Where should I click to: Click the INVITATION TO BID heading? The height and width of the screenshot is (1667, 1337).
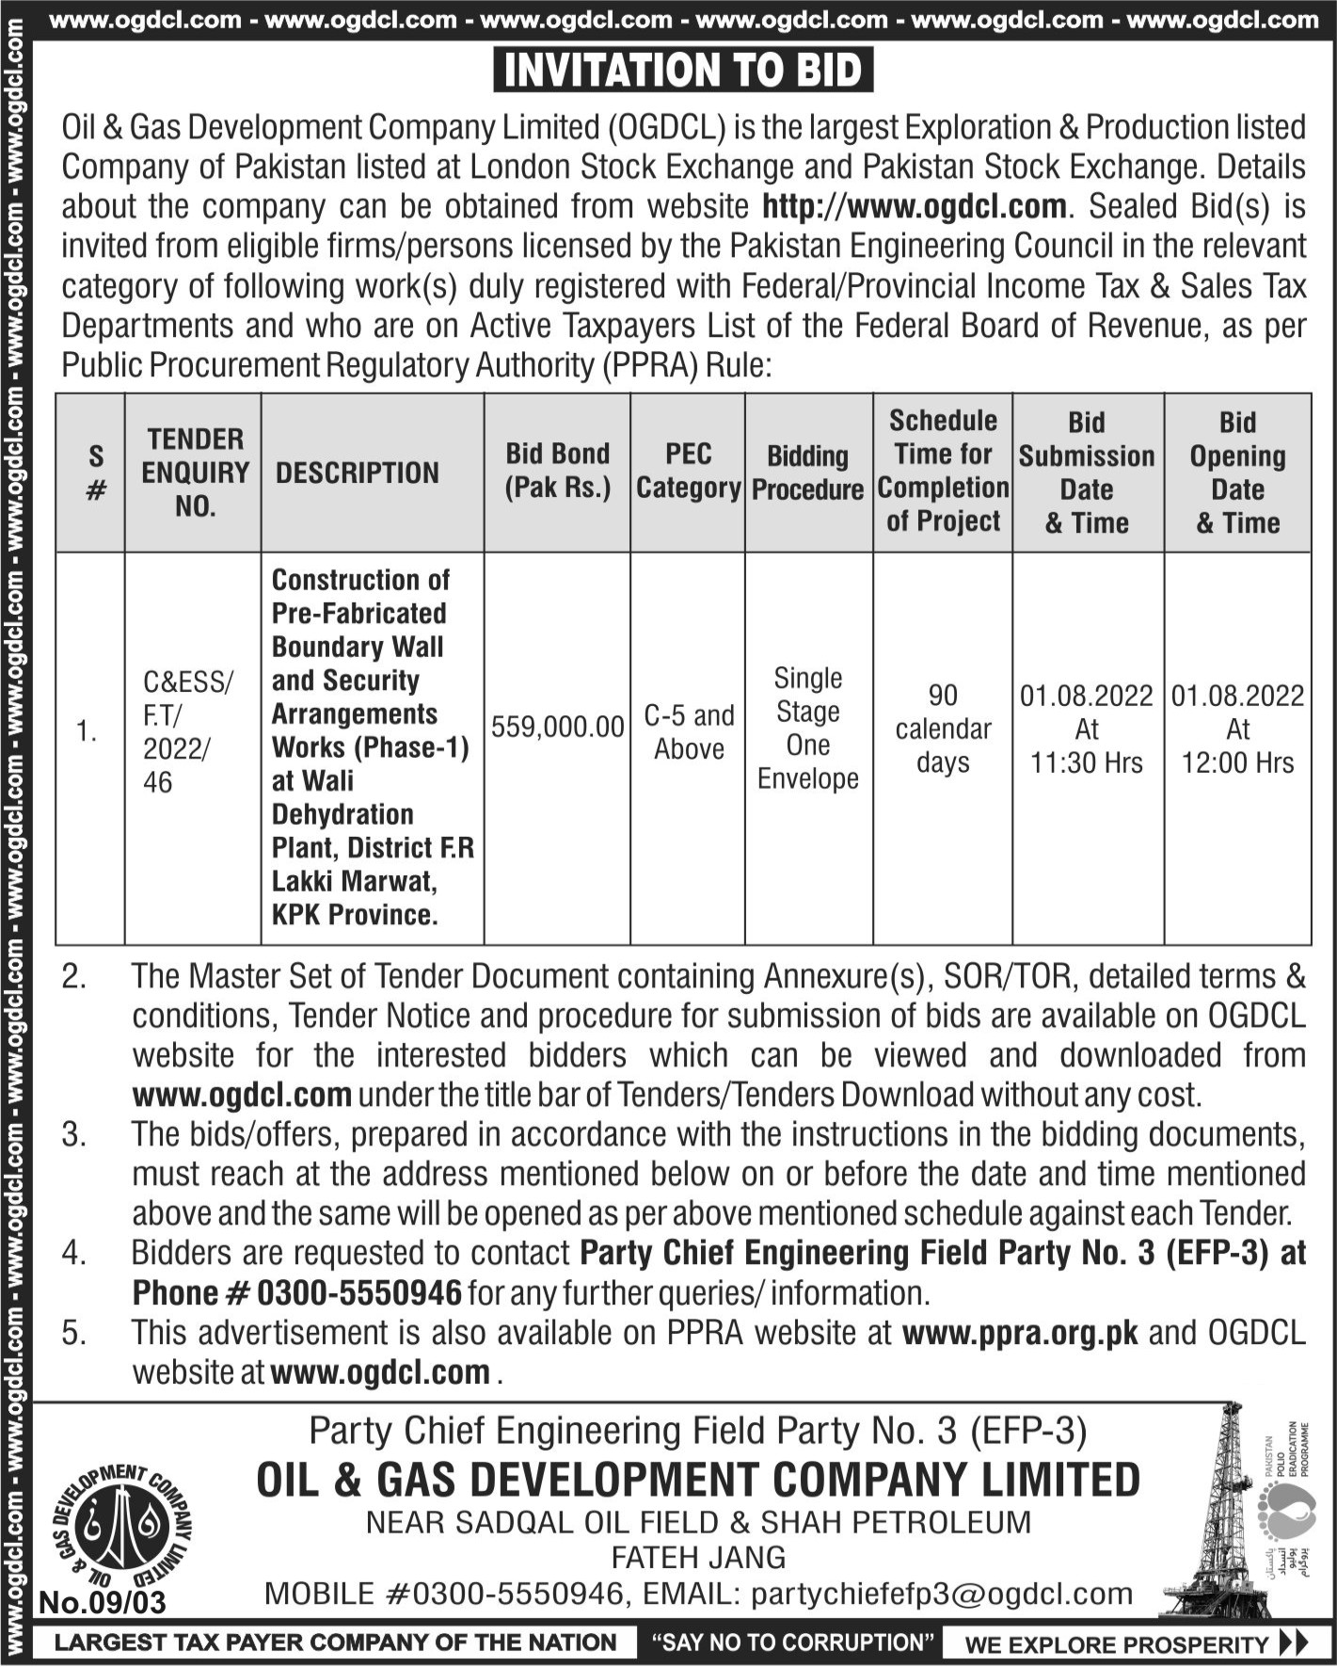pos(683,71)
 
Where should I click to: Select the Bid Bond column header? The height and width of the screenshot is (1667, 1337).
pos(557,472)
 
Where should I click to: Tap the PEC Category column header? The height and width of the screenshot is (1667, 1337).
pos(688,472)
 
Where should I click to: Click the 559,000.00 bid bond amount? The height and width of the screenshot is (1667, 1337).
pos(557,727)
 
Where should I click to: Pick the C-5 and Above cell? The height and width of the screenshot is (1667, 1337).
pos(688,732)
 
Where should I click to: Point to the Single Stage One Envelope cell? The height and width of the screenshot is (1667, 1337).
pos(808,728)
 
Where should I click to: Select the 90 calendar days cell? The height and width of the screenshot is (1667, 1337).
pos(943,729)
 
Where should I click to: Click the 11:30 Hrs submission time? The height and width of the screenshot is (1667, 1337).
pos(1087,763)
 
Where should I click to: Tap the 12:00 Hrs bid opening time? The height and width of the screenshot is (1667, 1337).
pos(1237,763)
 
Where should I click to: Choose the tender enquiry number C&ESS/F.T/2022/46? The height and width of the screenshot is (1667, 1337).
pos(188,731)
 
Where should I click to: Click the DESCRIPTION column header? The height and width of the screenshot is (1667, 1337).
pos(358,473)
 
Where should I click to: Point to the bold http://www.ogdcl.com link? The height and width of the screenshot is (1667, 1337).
pos(914,206)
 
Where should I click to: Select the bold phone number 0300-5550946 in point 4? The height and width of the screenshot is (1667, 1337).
pos(358,1293)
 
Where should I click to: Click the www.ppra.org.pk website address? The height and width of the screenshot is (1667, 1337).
pos(1020,1333)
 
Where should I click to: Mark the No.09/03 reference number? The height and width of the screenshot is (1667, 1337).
pos(103,1601)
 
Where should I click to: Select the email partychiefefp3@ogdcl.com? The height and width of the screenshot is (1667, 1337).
pos(943,1594)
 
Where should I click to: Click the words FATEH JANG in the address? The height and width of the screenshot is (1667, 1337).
pos(698,1558)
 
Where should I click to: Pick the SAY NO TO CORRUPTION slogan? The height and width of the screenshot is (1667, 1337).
pos(792,1643)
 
